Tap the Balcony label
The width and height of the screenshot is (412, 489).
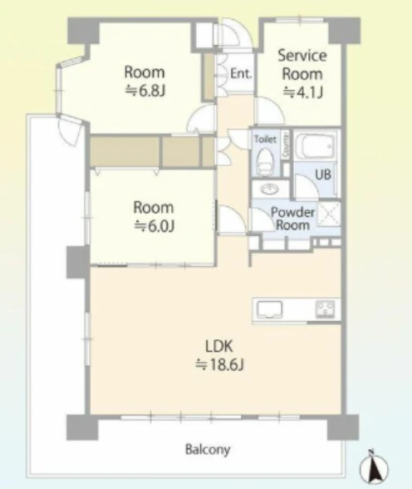click(208, 450)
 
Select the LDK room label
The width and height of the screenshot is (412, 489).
click(219, 346)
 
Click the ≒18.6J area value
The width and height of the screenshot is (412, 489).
click(219, 364)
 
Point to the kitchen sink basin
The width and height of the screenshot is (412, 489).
click(270, 309)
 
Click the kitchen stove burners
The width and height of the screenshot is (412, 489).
click(326, 309)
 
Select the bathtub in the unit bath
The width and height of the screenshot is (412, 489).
click(315, 146)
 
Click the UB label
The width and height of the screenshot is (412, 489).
click(323, 175)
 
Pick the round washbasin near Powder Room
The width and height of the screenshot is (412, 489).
click(270, 189)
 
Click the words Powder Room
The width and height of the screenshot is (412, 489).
click(292, 218)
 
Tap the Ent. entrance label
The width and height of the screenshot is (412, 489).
click(241, 74)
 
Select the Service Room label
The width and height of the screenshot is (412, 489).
click(302, 65)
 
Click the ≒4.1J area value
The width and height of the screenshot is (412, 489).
click(302, 92)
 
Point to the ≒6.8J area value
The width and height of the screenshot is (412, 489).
click(145, 91)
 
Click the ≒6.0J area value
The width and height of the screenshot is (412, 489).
click(154, 226)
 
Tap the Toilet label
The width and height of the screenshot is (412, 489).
click(265, 139)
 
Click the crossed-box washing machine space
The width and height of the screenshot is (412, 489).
click(329, 214)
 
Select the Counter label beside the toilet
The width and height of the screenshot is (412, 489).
click(285, 146)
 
